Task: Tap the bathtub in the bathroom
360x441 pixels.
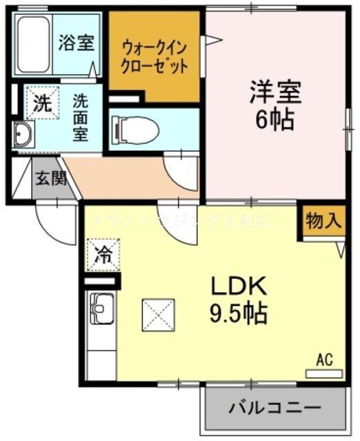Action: pos(34,45)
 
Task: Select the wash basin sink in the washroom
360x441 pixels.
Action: pos(22,134)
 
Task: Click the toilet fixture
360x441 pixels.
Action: pos(135,128)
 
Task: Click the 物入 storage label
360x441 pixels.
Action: pos(323,221)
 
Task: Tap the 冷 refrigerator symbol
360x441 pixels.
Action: pos(103,255)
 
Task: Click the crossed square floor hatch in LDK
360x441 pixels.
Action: pos(159,316)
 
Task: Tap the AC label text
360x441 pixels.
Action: pos(325,359)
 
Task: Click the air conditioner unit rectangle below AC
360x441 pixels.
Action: pos(323,373)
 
